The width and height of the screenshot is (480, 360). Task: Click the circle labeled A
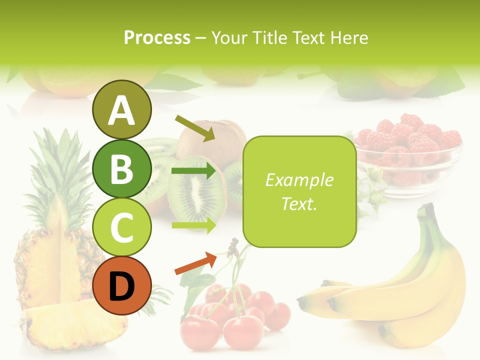click(122, 110)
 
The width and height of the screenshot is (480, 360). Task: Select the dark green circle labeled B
click(122, 168)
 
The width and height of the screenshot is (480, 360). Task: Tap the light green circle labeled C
click(122, 226)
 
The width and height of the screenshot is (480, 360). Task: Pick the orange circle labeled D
click(122, 285)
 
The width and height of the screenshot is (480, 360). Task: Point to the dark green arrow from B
click(193, 170)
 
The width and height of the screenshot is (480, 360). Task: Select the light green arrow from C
click(193, 225)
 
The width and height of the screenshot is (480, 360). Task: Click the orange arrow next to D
click(195, 263)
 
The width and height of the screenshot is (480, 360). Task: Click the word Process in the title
click(157, 38)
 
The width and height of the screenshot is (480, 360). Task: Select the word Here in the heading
click(349, 38)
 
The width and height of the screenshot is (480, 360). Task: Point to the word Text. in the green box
click(299, 204)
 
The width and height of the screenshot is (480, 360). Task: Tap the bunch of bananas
click(400, 295)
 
